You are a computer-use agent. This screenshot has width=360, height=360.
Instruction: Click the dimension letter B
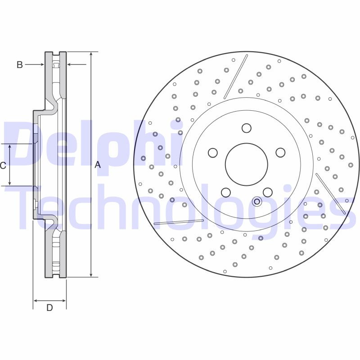coord(19,65)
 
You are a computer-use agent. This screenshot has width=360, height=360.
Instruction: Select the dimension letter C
coord(3,166)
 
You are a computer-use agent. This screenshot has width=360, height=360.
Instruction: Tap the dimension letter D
coord(49,308)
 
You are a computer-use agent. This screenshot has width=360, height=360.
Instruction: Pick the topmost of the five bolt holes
coord(246,128)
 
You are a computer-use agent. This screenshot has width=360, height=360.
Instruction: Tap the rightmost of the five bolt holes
coord(280,153)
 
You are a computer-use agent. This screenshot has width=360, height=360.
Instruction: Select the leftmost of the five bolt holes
coord(213,153)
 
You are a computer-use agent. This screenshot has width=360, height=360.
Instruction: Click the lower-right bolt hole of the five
coord(267,192)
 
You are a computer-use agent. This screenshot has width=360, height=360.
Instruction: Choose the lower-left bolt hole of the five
coord(226,192)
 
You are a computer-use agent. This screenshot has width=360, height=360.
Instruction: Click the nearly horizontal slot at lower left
coord(179,221)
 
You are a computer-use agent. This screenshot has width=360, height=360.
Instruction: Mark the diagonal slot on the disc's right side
coord(331,193)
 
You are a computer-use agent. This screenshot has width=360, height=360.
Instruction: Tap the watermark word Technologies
coord(180,207)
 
